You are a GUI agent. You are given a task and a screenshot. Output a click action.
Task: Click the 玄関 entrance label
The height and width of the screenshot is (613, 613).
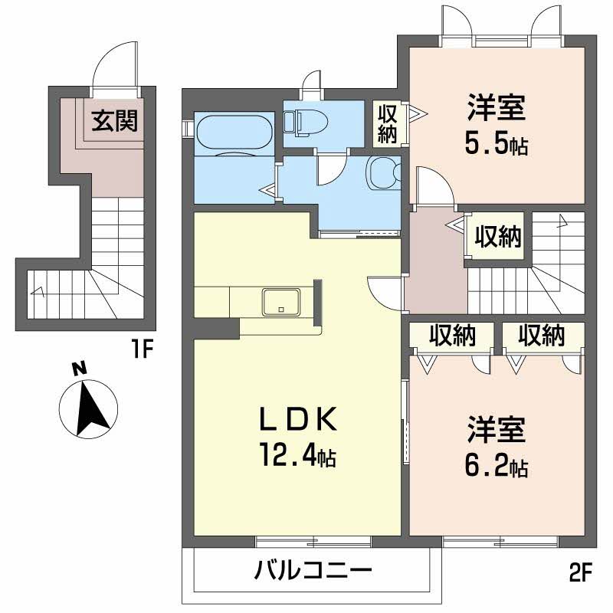coord(114,121)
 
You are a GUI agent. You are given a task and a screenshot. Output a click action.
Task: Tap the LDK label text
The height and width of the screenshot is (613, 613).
coord(298,419)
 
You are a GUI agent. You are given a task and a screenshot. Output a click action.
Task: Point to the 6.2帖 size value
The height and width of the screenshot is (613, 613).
coord(496,466)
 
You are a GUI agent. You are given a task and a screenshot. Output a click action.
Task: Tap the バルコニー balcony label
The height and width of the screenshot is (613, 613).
coord(313,571)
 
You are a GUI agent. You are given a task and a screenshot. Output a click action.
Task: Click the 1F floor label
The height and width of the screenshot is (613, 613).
coord(141,349)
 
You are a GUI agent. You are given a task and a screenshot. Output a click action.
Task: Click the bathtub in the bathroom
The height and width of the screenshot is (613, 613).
coord(234,132)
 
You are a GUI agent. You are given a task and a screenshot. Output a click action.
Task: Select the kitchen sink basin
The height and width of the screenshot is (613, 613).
coord(281,301)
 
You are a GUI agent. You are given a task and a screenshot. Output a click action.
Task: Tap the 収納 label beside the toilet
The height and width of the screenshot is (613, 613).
coord(387,123)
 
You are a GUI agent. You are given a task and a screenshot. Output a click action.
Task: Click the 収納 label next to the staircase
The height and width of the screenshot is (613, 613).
coord(497,237)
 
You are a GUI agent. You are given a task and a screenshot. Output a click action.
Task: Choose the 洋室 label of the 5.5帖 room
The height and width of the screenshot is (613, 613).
coord(497,107)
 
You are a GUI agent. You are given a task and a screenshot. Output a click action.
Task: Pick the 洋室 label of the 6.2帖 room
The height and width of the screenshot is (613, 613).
coord(497,430)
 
